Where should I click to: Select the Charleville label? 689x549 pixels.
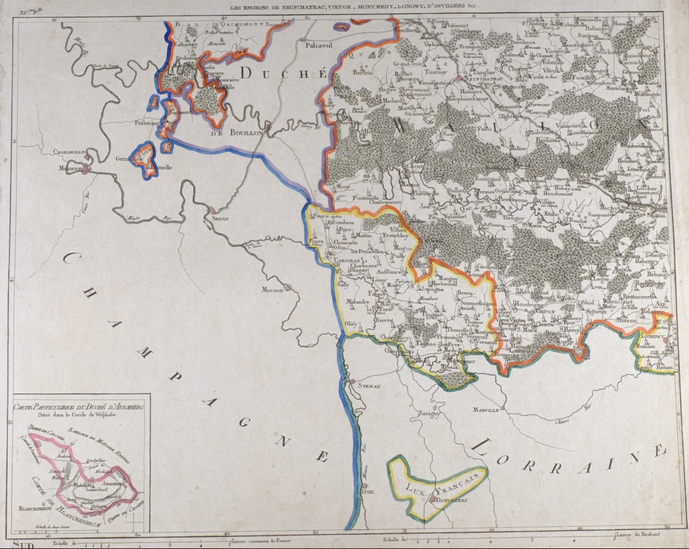[69, 153]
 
